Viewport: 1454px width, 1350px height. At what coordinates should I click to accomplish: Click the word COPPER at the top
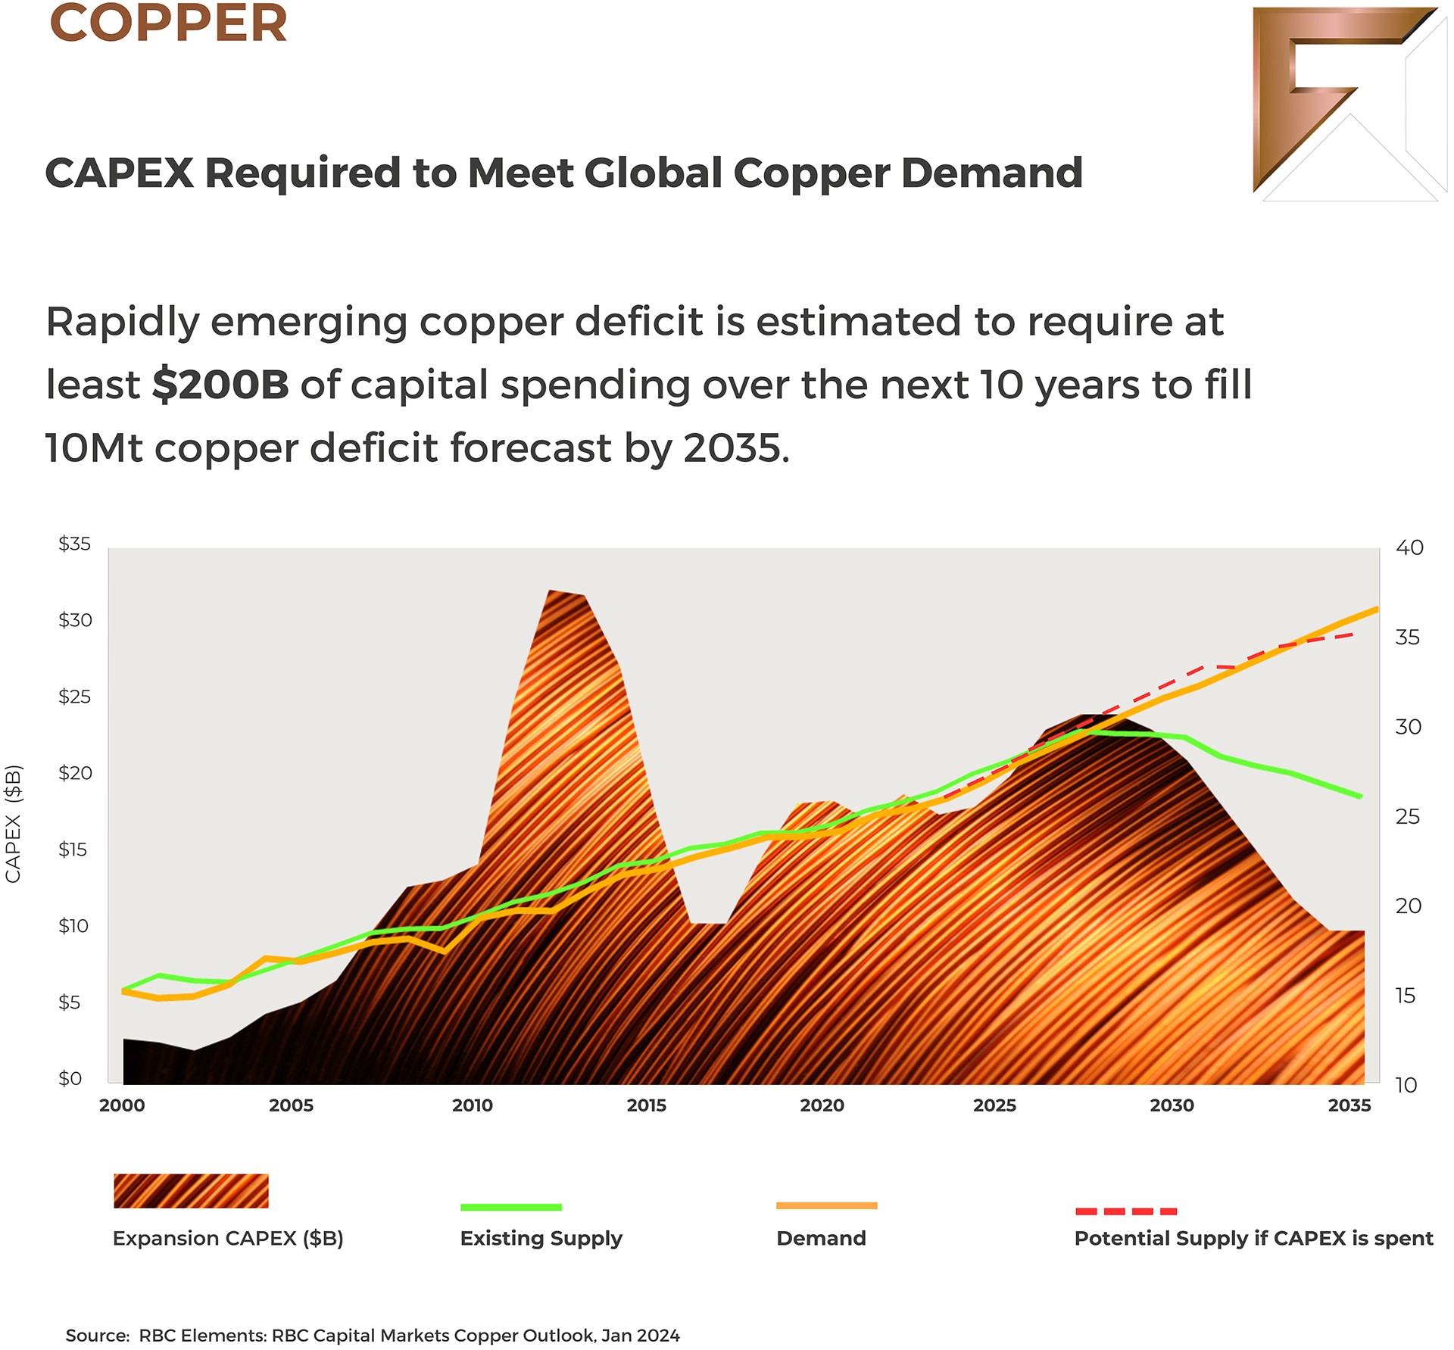pyautogui.click(x=168, y=24)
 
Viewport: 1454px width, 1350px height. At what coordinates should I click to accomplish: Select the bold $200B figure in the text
pyautogui.click(x=220, y=385)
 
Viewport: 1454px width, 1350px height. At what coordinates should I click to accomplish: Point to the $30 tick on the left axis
pyautogui.click(x=75, y=620)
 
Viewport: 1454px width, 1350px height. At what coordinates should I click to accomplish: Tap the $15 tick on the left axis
pyautogui.click(x=73, y=850)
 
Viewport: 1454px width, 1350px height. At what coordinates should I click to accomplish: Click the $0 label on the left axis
pyautogui.click(x=70, y=1078)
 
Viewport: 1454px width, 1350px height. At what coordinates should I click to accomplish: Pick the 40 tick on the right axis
pyautogui.click(x=1409, y=547)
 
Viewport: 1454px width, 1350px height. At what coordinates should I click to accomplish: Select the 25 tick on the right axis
pyautogui.click(x=1408, y=816)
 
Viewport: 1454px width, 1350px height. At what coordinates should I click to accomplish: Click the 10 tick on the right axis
pyautogui.click(x=1406, y=1085)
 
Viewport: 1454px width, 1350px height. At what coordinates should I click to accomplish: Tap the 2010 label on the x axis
pyautogui.click(x=473, y=1105)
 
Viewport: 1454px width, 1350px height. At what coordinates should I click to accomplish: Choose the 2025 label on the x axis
pyautogui.click(x=994, y=1105)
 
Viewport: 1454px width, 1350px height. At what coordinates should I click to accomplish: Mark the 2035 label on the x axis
pyautogui.click(x=1349, y=1105)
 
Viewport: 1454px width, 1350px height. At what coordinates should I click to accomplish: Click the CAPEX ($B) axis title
pyautogui.click(x=14, y=824)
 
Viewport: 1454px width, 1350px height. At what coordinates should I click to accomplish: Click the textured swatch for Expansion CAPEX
pyautogui.click(x=191, y=1191)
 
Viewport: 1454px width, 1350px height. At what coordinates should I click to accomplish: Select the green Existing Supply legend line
pyautogui.click(x=511, y=1207)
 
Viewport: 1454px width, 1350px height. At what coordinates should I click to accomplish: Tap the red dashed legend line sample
pyautogui.click(x=1126, y=1211)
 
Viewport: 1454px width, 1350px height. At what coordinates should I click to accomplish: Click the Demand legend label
pyautogui.click(x=821, y=1239)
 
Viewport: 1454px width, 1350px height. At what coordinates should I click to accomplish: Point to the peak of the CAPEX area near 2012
pyautogui.click(x=551, y=591)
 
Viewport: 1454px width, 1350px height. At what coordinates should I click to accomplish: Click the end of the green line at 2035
pyautogui.click(x=1360, y=797)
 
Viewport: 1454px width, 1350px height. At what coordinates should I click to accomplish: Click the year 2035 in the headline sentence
pyautogui.click(x=731, y=448)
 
